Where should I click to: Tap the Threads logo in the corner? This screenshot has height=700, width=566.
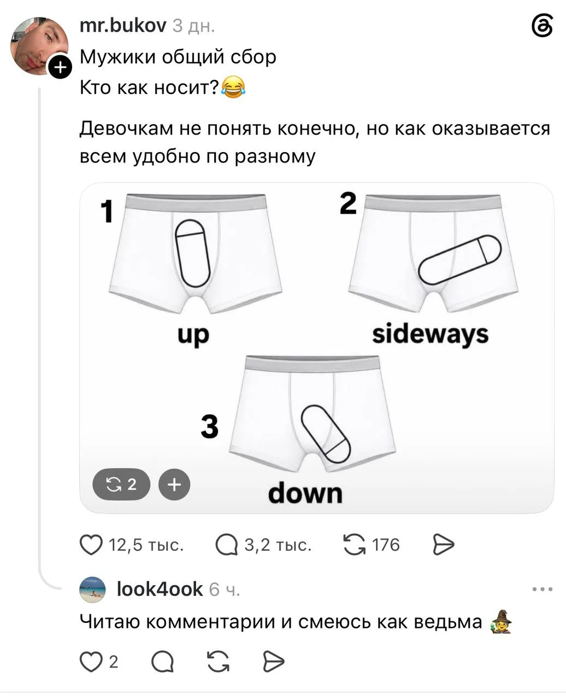tap(542, 26)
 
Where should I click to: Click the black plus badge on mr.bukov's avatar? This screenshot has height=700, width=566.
tap(60, 67)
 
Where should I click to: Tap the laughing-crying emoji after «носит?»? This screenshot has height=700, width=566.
tap(233, 87)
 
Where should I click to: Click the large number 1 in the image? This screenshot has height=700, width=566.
tap(107, 211)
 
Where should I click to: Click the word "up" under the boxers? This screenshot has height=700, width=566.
tap(193, 336)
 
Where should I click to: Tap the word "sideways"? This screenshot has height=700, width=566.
tap(430, 334)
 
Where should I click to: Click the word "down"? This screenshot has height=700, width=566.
tap(305, 493)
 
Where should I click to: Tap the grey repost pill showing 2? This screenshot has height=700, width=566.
tap(121, 484)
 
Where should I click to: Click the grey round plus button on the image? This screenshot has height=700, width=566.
tap(174, 485)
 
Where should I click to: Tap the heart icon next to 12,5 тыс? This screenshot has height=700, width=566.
tap(91, 545)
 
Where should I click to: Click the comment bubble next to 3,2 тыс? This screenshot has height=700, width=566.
tap(227, 545)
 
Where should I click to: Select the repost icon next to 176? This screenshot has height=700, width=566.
tap(354, 545)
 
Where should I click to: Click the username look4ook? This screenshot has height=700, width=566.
tap(160, 589)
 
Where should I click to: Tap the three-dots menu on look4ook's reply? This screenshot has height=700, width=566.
tap(543, 589)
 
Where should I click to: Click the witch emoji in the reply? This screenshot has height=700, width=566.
tap(500, 621)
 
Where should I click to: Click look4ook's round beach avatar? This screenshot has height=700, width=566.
tap(92, 590)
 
